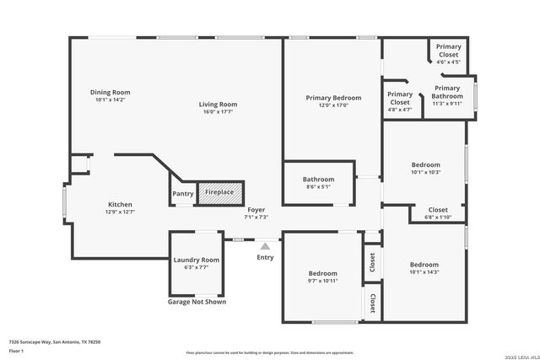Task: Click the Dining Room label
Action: click(x=111, y=92)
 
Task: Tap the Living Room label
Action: click(x=218, y=104)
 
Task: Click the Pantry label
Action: click(x=183, y=194)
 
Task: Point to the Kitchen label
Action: click(x=120, y=204)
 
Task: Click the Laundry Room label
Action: click(x=196, y=260)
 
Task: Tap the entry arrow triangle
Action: click(x=265, y=245)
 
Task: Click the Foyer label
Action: click(x=256, y=210)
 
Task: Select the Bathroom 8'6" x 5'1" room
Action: click(x=319, y=183)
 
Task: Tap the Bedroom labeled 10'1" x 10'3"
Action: click(x=425, y=168)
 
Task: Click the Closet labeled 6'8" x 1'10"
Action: click(x=438, y=213)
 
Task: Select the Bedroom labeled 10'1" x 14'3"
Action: click(x=425, y=267)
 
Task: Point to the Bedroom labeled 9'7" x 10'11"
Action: click(x=322, y=277)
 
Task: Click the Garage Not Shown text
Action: click(x=197, y=301)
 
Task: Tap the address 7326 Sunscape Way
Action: click(x=55, y=341)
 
